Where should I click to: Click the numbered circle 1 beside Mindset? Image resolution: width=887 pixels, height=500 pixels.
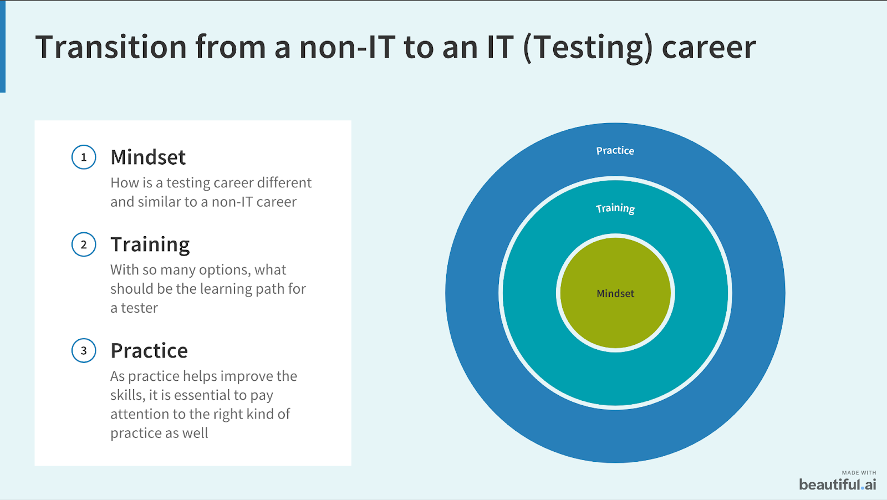pyautogui.click(x=84, y=157)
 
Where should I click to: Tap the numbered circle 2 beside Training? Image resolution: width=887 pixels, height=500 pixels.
pyautogui.click(x=84, y=244)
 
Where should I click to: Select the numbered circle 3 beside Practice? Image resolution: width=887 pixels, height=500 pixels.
pyautogui.click(x=84, y=350)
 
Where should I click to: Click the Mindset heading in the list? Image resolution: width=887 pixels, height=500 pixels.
pyautogui.click(x=147, y=157)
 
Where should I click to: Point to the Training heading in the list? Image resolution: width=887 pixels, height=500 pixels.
pyautogui.click(x=150, y=244)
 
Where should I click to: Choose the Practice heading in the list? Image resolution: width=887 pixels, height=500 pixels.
pyautogui.click(x=149, y=351)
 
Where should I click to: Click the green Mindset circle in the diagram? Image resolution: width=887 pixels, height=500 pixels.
pyautogui.click(x=615, y=293)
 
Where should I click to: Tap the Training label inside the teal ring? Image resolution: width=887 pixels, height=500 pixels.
pyautogui.click(x=615, y=208)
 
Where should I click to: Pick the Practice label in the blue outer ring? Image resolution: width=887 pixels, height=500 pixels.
pyautogui.click(x=615, y=150)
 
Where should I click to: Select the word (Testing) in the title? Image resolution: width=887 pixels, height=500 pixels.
pyautogui.click(x=588, y=48)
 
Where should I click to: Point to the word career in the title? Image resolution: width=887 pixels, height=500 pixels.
pyautogui.click(x=709, y=48)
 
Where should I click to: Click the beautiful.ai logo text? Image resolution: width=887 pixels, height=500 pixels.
pyautogui.click(x=838, y=484)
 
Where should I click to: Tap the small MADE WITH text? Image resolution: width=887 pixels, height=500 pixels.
pyautogui.click(x=859, y=473)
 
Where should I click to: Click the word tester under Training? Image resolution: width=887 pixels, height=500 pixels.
pyautogui.click(x=139, y=308)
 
